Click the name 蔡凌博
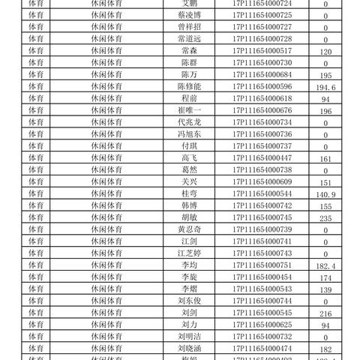(x=189, y=16)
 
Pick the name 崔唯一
(x=189, y=111)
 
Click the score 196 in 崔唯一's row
(x=325, y=112)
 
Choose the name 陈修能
(x=189, y=87)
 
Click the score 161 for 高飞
(x=325, y=160)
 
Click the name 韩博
(x=189, y=206)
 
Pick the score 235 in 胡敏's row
(x=325, y=219)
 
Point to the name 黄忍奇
(x=189, y=229)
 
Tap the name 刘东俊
(x=189, y=301)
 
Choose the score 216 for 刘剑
(x=325, y=314)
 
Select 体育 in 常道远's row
(x=35, y=39)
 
